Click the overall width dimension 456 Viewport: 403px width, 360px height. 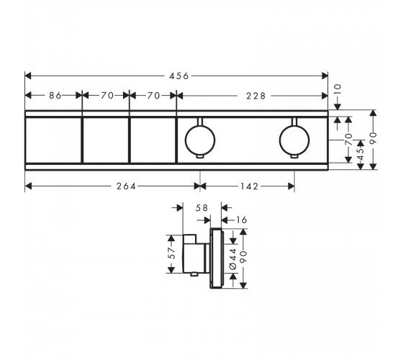[179, 76]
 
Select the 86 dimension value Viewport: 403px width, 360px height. [55, 96]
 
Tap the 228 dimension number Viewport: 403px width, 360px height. [255, 96]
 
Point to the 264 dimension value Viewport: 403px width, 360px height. [126, 186]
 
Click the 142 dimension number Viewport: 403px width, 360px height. [248, 186]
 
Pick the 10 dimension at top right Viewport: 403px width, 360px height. [338, 90]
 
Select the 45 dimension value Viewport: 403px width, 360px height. [361, 154]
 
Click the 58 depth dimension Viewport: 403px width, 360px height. [201, 208]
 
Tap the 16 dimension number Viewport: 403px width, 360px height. [241, 220]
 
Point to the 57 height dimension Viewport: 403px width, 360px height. [171, 253]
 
